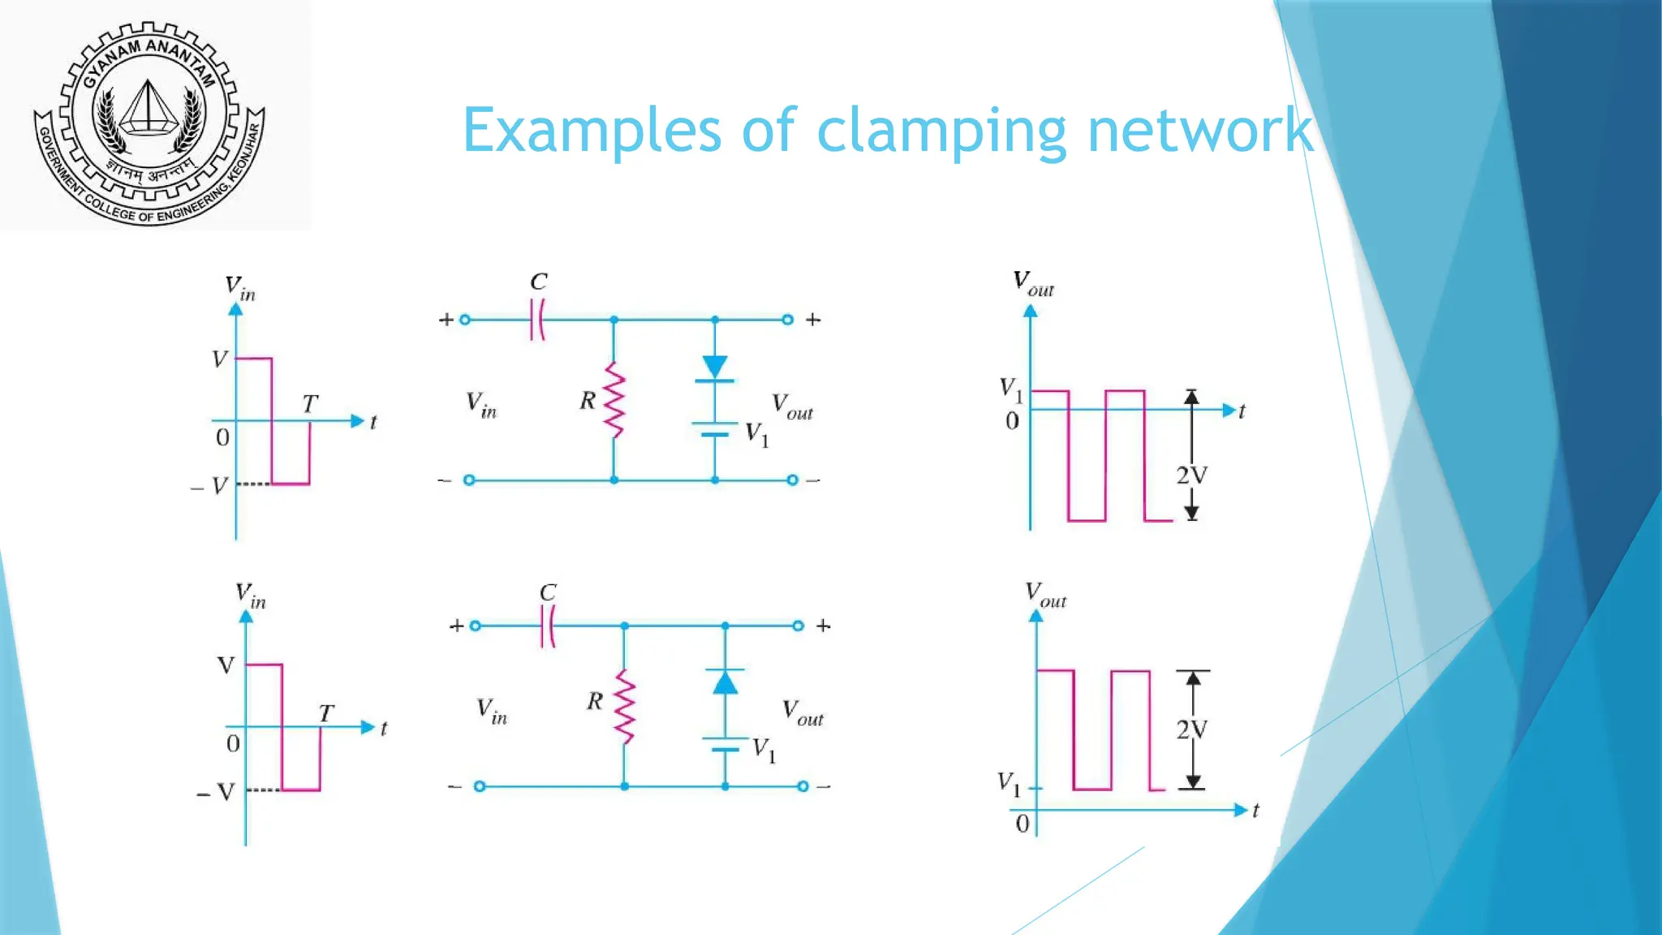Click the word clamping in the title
click(941, 131)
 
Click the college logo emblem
click(149, 122)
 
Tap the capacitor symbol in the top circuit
click(536, 320)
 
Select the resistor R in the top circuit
click(614, 400)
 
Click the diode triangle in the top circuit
click(715, 368)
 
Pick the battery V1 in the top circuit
click(715, 429)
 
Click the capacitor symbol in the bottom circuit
click(548, 626)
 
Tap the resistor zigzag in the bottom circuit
click(624, 706)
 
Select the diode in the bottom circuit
click(725, 682)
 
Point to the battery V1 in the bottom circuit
click(725, 743)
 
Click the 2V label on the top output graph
click(1192, 476)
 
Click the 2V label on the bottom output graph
click(1192, 730)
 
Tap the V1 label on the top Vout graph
click(1010, 390)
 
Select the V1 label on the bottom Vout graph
click(1009, 784)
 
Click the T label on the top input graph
click(310, 403)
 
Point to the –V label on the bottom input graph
click(215, 792)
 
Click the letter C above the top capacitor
click(538, 282)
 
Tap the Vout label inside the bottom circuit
click(803, 713)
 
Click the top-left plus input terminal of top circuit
click(465, 320)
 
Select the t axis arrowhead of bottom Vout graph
click(1239, 810)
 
